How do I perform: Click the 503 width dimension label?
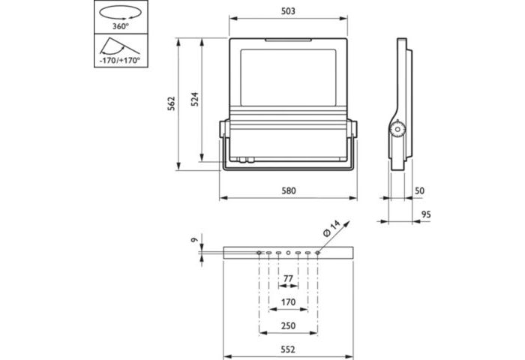point(289,11)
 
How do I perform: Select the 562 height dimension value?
point(171,101)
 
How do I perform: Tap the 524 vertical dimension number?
point(194,101)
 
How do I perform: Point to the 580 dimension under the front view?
point(289,191)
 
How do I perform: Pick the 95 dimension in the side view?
point(426,214)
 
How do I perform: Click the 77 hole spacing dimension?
point(288,279)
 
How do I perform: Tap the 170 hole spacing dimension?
point(288,302)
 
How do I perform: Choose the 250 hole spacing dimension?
point(288,326)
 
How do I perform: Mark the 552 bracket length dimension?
point(288,349)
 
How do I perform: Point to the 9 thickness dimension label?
point(193,240)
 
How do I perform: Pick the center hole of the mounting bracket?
point(288,253)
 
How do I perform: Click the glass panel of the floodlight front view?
point(288,79)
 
